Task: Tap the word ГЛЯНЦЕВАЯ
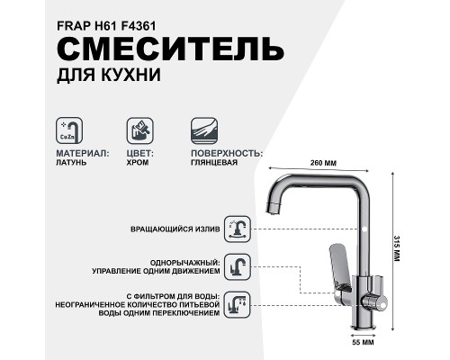[x=216, y=164]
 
